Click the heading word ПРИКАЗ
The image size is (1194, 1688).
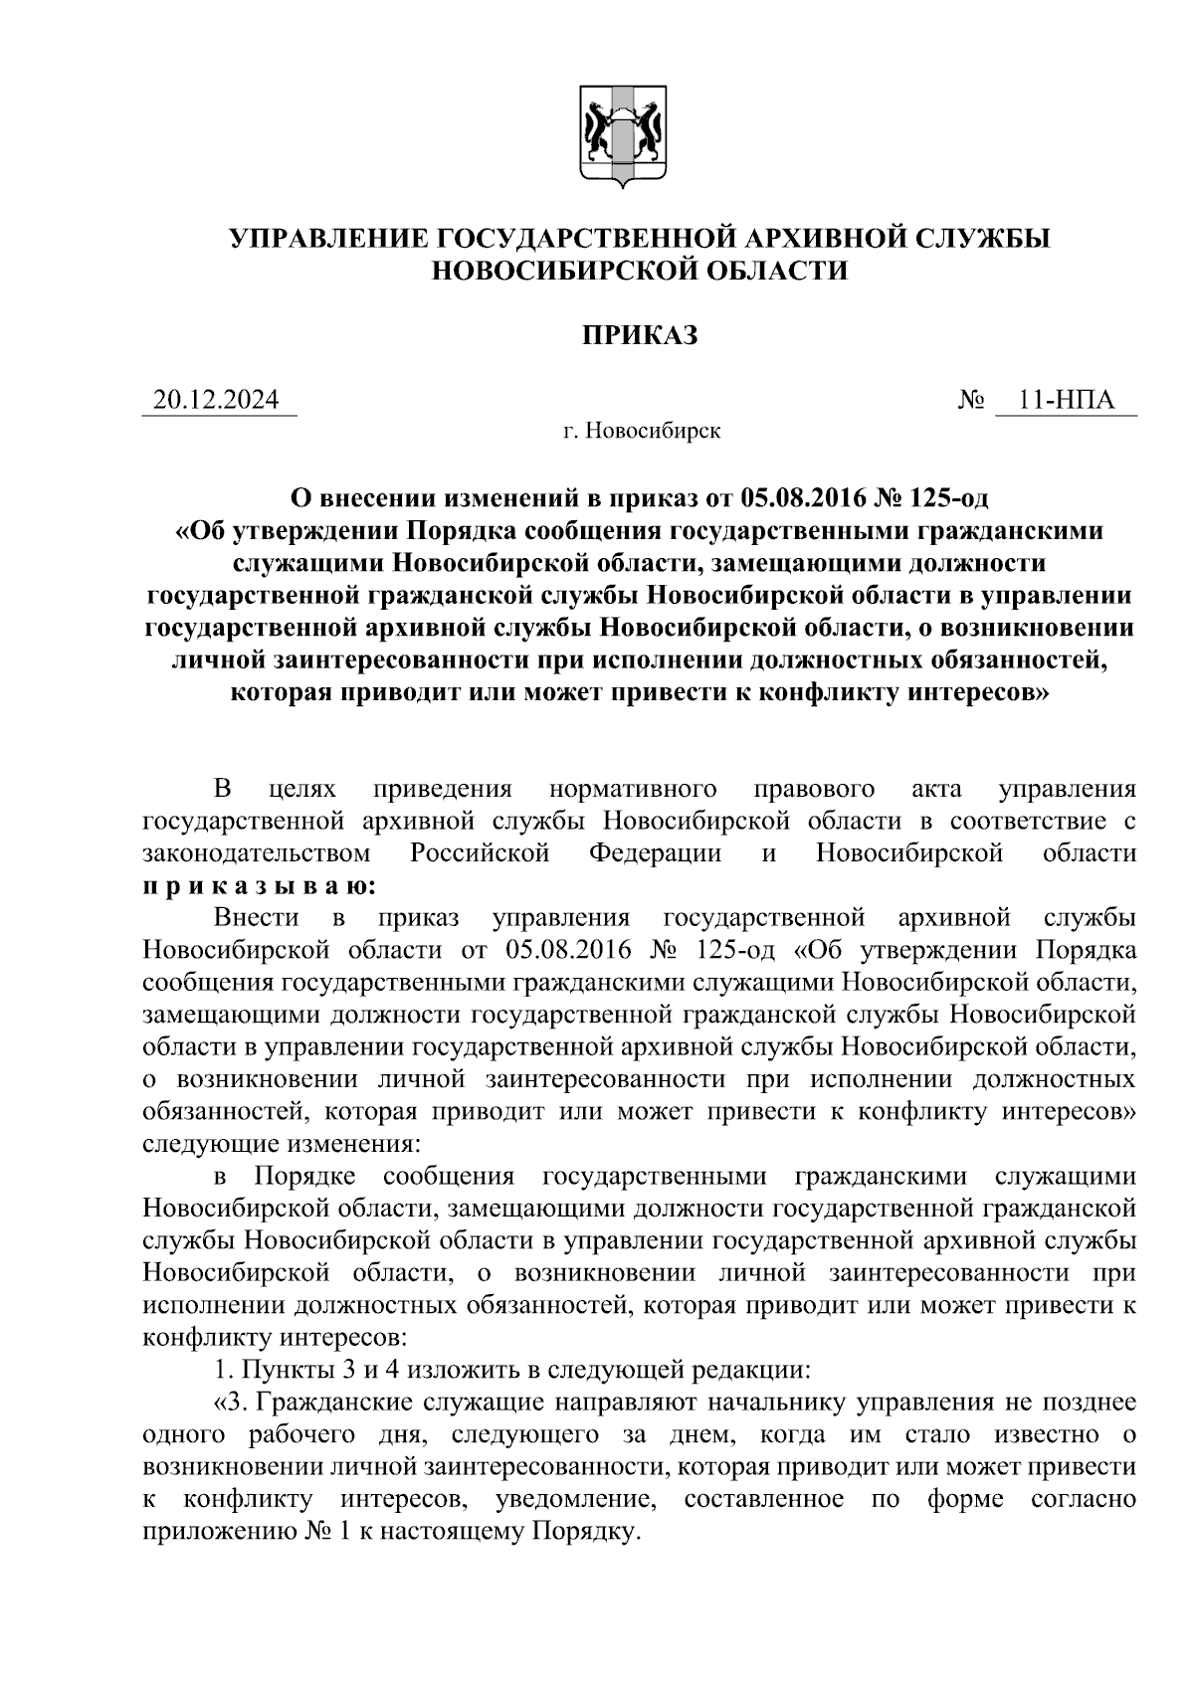(639, 336)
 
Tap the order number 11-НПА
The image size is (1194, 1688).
(1065, 401)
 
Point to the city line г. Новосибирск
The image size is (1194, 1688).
(640, 431)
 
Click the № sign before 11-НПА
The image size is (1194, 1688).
(971, 402)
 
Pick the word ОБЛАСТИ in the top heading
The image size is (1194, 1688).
(772, 271)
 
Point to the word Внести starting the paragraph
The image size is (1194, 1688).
(249, 917)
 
